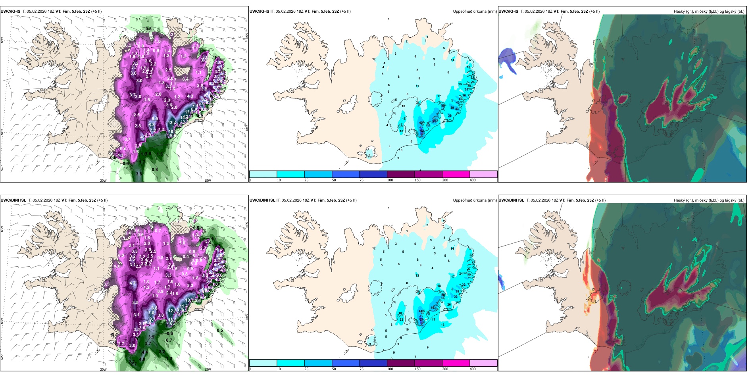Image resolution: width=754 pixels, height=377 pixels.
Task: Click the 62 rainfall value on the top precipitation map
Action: [x=422, y=130]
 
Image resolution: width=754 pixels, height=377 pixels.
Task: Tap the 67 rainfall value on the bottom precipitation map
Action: [x=421, y=319]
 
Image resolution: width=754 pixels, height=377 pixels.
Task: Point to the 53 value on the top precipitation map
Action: [x=434, y=121]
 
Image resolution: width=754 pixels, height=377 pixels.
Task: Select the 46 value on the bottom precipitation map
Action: [x=433, y=308]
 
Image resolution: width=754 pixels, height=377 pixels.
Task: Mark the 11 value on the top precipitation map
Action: [x=417, y=86]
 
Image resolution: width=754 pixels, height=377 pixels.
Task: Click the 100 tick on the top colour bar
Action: [x=390, y=180]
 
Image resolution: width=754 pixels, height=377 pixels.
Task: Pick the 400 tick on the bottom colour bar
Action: [x=473, y=369]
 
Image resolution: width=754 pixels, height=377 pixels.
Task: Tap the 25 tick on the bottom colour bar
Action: [x=306, y=369]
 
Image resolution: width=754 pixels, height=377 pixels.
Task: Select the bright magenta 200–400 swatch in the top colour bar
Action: [x=456, y=174]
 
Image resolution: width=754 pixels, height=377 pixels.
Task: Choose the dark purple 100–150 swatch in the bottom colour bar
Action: [x=400, y=363]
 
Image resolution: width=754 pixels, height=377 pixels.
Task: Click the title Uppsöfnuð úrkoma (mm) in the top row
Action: [x=475, y=12]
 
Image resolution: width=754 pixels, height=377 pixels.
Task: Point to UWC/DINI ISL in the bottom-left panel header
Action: [x=13, y=200]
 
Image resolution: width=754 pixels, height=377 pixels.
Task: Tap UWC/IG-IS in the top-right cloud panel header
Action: [x=508, y=12]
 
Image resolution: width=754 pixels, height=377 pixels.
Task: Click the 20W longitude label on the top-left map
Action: [x=103, y=181]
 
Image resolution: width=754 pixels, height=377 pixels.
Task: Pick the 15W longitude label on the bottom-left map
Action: [x=208, y=369]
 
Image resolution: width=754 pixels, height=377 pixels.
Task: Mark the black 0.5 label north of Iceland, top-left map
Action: [x=148, y=29]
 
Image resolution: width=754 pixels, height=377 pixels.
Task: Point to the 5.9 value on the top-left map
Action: [x=155, y=119]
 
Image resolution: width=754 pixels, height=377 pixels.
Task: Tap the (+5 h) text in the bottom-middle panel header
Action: [x=351, y=200]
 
